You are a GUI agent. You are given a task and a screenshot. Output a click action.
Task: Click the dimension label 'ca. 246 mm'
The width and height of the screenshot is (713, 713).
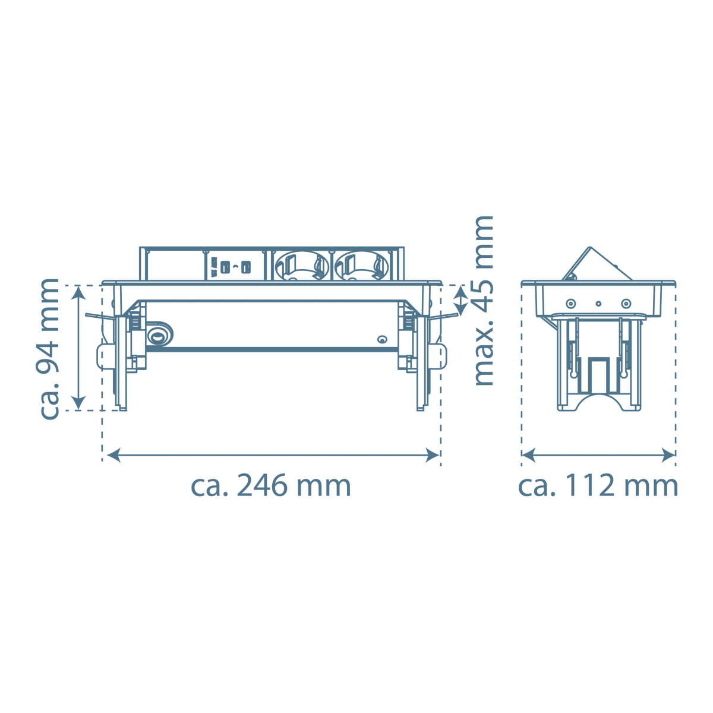tap(270, 486)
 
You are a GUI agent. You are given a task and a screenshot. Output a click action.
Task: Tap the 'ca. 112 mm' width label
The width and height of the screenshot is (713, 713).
tap(598, 486)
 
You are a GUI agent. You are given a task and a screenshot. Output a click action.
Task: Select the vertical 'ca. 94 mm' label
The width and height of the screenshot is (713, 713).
tap(49, 349)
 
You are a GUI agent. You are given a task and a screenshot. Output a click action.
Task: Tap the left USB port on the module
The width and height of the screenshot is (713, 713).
tap(224, 267)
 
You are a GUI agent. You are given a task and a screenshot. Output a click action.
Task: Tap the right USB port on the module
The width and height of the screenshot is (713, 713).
tap(246, 267)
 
